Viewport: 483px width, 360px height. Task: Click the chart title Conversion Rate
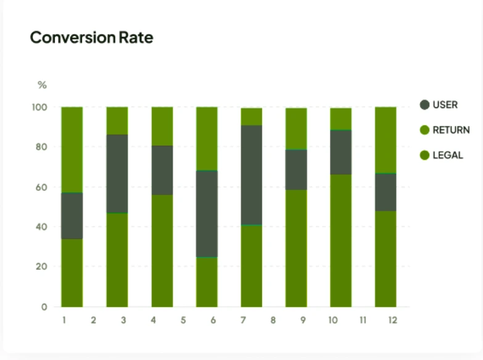[x=91, y=38]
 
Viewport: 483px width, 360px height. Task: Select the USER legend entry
[x=445, y=104]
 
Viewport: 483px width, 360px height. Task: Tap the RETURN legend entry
[x=450, y=130]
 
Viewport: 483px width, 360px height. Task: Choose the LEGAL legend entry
[x=447, y=155]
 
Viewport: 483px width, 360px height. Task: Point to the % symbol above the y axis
[x=42, y=85]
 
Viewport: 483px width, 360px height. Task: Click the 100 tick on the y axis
[x=39, y=107]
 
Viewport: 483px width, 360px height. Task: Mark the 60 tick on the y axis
[x=41, y=187]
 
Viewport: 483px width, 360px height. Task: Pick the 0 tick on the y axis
[x=44, y=307]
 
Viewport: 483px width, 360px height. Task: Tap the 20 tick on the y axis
[x=41, y=267]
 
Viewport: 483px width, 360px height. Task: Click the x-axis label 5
[x=183, y=320]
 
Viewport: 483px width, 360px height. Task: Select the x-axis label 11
[x=363, y=320]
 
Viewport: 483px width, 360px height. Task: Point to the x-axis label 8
[x=273, y=320]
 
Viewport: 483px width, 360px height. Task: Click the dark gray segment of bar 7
[x=252, y=175]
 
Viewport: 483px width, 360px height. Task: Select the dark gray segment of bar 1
[x=72, y=216]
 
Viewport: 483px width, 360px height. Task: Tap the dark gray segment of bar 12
[x=386, y=192]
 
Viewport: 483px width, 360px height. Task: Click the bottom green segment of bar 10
[x=341, y=240]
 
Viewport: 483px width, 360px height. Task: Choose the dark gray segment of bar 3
[x=117, y=174]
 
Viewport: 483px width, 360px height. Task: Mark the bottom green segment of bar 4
[x=162, y=251]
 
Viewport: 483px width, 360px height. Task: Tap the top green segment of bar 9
[x=296, y=128]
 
